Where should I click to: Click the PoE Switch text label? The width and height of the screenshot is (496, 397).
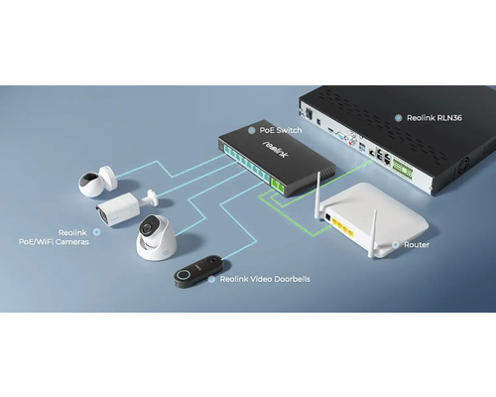(x=281, y=130)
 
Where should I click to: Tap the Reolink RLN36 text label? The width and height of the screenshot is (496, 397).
(x=434, y=118)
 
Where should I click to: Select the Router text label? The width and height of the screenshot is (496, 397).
(x=417, y=245)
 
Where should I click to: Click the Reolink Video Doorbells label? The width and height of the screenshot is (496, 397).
(x=265, y=279)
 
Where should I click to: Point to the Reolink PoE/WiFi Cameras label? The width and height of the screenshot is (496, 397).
(x=54, y=237)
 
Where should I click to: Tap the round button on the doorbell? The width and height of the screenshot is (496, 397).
(x=183, y=275)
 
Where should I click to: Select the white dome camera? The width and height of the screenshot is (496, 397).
(x=157, y=237)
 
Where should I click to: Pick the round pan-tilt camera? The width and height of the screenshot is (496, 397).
(x=97, y=182)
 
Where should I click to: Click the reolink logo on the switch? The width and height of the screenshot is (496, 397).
(x=276, y=149)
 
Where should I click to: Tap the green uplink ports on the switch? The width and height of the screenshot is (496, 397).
(x=278, y=187)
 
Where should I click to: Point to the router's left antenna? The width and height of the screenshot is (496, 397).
(x=318, y=196)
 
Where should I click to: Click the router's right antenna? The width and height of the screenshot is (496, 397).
(x=373, y=233)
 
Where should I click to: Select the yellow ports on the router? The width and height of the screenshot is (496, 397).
(x=343, y=227)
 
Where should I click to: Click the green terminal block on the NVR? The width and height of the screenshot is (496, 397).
(x=403, y=169)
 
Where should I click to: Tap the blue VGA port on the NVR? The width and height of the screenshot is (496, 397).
(x=340, y=136)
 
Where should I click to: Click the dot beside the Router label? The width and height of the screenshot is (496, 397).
(x=396, y=245)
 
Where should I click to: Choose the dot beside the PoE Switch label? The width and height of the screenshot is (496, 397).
(x=251, y=130)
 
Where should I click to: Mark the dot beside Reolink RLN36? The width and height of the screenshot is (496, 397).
(x=399, y=118)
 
